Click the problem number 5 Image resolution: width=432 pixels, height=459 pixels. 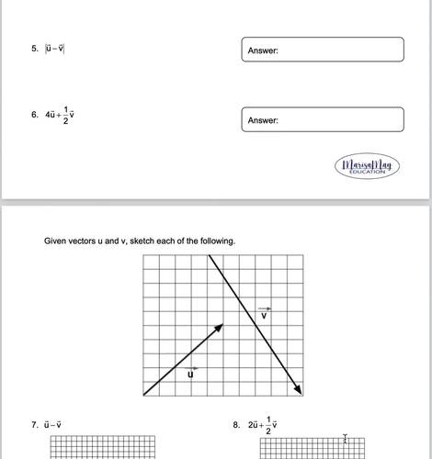pos(33,50)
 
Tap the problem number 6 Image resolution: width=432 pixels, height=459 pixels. pos(33,115)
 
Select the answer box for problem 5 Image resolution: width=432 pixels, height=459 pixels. pos(324,50)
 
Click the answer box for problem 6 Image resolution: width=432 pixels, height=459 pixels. pos(324,119)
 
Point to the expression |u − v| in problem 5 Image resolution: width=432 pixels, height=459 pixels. pos(54,50)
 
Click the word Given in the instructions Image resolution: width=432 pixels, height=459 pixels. pos(56,241)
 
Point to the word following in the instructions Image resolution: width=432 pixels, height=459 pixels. pos(216,241)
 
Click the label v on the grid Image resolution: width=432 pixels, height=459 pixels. pos(264,314)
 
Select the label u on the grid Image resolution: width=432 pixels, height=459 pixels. pos(191,373)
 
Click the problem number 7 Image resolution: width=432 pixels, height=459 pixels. pos(33,425)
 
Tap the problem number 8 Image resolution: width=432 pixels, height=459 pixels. pos(237,425)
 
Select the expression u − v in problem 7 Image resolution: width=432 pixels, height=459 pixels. pos(52,425)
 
